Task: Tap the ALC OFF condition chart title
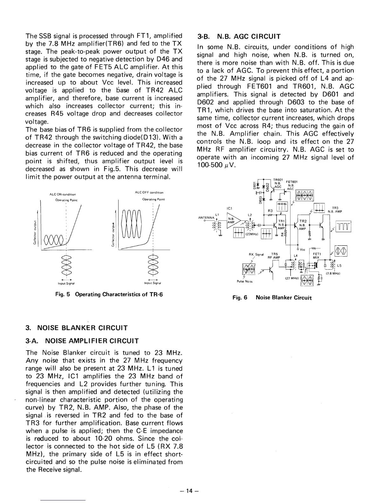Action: pos(149,192)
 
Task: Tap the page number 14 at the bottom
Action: pos(190,491)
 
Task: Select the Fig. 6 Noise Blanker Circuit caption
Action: pos(272,298)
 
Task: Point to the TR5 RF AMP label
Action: pos(274,255)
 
